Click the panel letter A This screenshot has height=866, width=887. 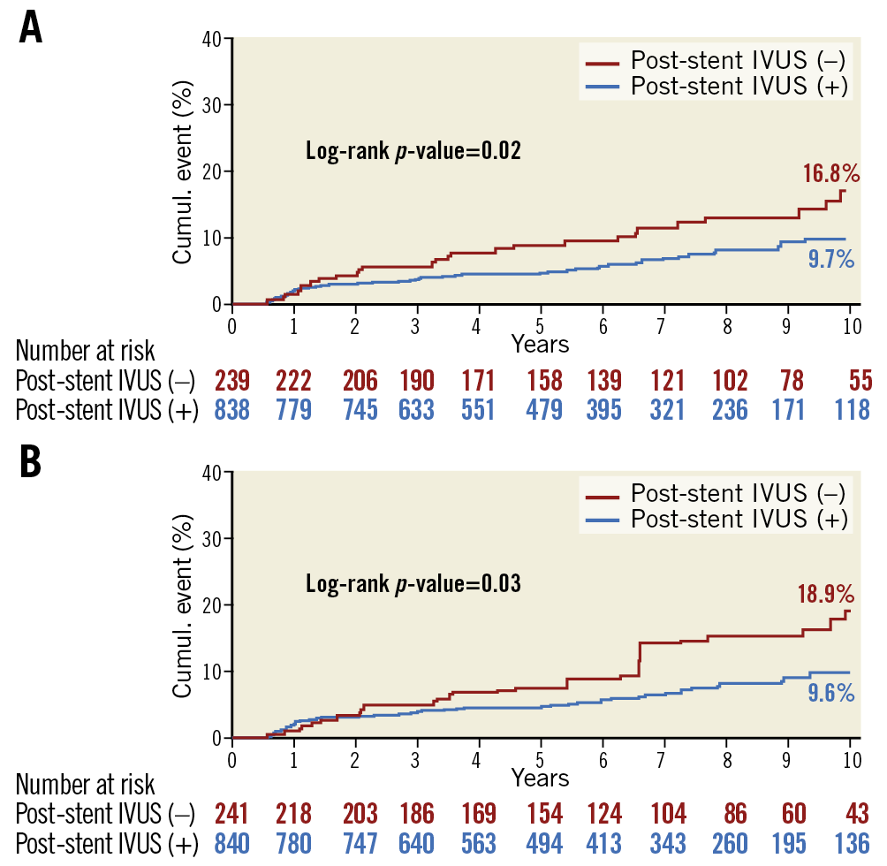(30, 29)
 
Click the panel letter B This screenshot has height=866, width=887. (30, 462)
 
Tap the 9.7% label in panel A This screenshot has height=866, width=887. (831, 259)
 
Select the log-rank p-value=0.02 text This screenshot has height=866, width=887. (413, 150)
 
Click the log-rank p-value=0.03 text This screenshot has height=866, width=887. (413, 584)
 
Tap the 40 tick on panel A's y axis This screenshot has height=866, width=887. (212, 38)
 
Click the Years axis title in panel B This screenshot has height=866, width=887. (540, 778)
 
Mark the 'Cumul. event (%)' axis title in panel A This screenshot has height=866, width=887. (183, 172)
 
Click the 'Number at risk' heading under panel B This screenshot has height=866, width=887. (86, 784)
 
